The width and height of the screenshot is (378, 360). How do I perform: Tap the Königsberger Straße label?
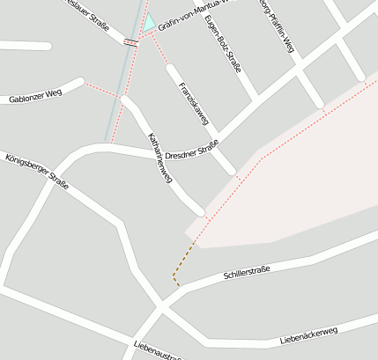pos(37,172)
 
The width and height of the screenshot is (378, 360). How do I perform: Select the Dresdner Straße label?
pos(191,149)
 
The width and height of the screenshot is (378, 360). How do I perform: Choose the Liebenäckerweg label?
pos(308,334)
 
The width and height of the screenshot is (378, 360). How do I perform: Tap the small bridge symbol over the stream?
pos(130,41)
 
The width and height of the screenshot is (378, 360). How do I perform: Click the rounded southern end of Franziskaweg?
pos(231,169)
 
